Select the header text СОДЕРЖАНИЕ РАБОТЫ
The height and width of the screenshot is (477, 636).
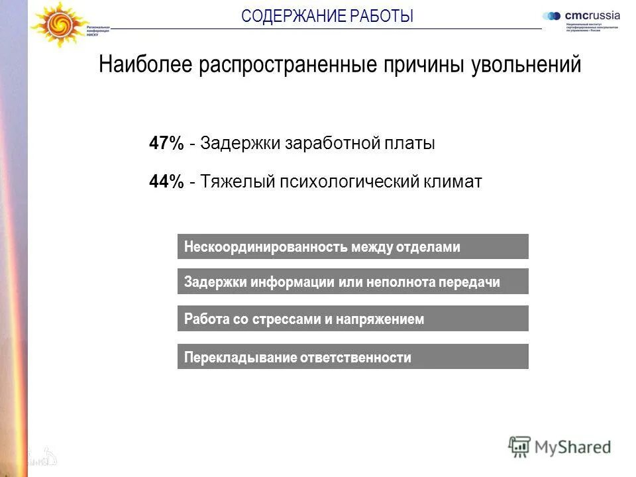pos(327,16)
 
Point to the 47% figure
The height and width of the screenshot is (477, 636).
pos(166,143)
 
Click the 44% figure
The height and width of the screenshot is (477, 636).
pos(166,182)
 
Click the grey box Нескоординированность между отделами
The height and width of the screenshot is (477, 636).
pos(352,246)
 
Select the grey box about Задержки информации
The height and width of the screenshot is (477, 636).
pos(352,282)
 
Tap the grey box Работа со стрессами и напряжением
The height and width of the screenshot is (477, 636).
pos(352,319)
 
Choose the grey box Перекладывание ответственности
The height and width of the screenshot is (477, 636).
pos(352,357)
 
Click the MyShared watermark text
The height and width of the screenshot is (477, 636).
pos(574,447)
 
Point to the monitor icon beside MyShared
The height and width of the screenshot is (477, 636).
pos(519,447)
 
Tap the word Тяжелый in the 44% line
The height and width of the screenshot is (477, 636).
pos(230,182)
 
